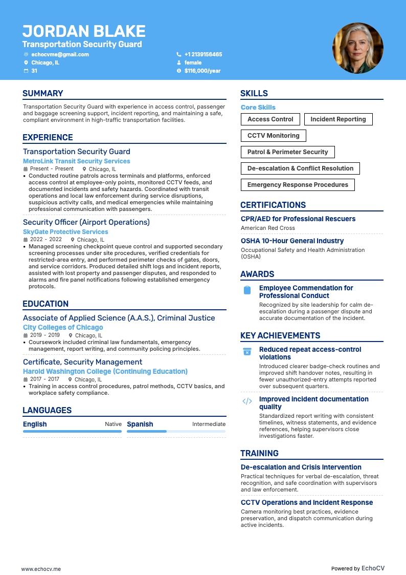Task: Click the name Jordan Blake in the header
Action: coord(84,31)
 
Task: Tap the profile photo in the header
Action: coord(358,48)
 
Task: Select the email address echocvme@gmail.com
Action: coord(60,54)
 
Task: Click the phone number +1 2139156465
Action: coord(203,54)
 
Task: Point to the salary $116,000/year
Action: coord(202,71)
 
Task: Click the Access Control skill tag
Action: coord(270,119)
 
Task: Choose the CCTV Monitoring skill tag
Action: coord(273,136)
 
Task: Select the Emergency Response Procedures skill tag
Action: coord(298,185)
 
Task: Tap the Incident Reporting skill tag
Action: coord(338,119)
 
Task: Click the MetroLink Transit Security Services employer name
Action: coord(76,161)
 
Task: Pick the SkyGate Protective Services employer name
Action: coord(65,232)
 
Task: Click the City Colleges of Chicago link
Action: coord(63,327)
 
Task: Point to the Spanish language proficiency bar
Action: coord(176,432)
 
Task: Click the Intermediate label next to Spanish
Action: coord(209,424)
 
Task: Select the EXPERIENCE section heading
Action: coord(48,137)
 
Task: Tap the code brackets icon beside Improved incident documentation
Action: coord(247,401)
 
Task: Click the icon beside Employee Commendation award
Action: coord(247,290)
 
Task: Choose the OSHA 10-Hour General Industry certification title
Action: coord(292,241)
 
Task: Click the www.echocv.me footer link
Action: coord(41,568)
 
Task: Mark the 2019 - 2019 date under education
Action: coord(45,335)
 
